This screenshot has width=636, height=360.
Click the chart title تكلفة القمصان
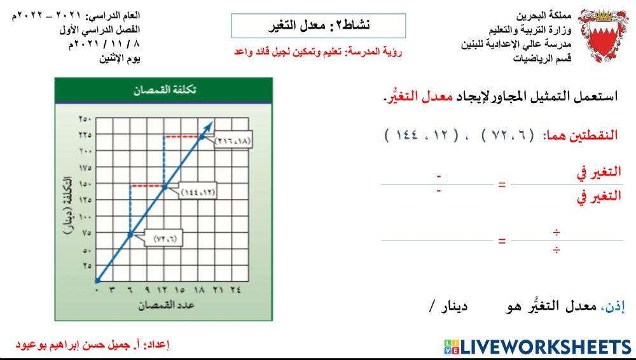coord(164,90)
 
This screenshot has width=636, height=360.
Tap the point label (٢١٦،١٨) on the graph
coord(233,141)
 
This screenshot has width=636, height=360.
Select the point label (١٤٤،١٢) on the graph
coord(197,191)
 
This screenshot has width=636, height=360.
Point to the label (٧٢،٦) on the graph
coord(164,239)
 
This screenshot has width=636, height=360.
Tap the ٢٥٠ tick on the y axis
coord(85,119)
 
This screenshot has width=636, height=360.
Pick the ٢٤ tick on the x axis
coord(235,289)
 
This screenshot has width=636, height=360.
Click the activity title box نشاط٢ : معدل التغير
coord(318,25)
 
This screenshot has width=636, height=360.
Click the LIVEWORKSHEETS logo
coord(537,347)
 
